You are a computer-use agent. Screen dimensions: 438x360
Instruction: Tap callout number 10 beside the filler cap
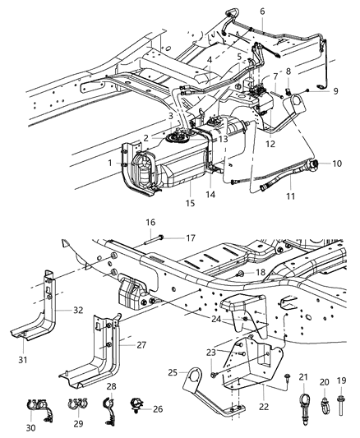(x=338, y=164)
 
